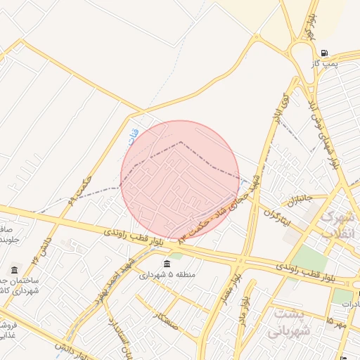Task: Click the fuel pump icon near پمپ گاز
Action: point(323,53)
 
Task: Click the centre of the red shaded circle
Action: point(180,180)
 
